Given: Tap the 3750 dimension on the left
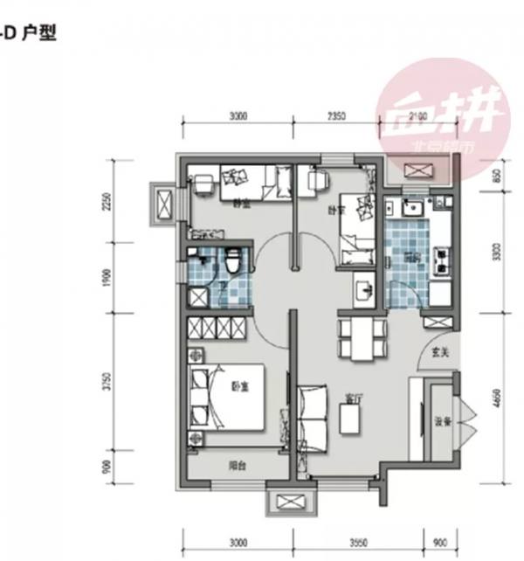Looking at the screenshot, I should click(107, 383).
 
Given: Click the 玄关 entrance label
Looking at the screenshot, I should click(440, 353).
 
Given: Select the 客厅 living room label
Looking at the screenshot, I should click(354, 398).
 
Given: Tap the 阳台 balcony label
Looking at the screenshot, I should click(237, 466).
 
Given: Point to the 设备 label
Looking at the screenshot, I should click(442, 422).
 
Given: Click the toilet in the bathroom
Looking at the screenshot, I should click(233, 260).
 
